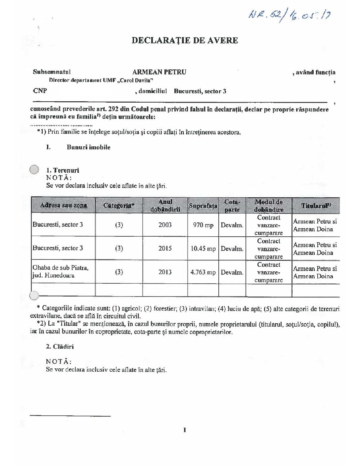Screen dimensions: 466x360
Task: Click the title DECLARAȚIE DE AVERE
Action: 185,40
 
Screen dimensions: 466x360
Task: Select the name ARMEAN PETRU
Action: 159,72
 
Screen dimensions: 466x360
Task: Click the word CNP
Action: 40,91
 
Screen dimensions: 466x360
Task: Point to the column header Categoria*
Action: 119,206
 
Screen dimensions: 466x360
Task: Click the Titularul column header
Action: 316,206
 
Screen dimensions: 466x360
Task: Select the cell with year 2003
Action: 165,225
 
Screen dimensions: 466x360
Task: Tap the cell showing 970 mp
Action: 203,225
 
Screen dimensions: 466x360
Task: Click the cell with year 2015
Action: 165,249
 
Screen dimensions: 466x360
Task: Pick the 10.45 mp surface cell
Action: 203,249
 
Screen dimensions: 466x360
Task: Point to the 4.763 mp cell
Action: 203,272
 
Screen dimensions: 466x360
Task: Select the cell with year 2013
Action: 165,272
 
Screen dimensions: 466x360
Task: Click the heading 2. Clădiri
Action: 60,347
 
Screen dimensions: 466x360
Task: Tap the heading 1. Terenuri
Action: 63,170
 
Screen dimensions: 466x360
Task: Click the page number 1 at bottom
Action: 185,430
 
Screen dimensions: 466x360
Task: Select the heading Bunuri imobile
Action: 88,147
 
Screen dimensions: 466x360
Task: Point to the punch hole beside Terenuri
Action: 34,169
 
